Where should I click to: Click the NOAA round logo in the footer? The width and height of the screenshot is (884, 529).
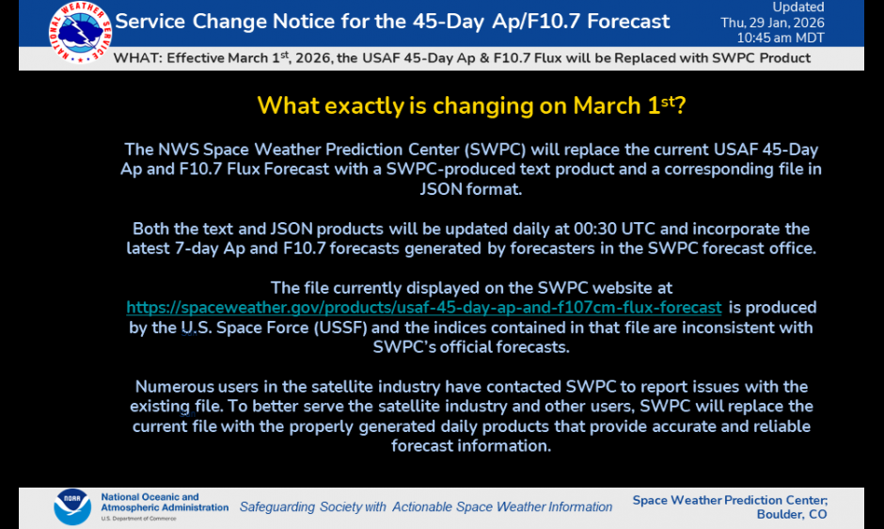[72, 506]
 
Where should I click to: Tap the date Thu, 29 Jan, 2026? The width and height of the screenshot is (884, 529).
[772, 23]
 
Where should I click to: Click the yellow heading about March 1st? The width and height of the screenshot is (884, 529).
[471, 105]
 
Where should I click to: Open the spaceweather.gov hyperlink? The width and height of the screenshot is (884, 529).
[424, 308]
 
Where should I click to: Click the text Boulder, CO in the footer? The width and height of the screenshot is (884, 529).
[792, 515]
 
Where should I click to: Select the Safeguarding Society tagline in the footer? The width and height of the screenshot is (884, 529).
[425, 507]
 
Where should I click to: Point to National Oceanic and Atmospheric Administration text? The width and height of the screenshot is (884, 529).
[164, 503]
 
